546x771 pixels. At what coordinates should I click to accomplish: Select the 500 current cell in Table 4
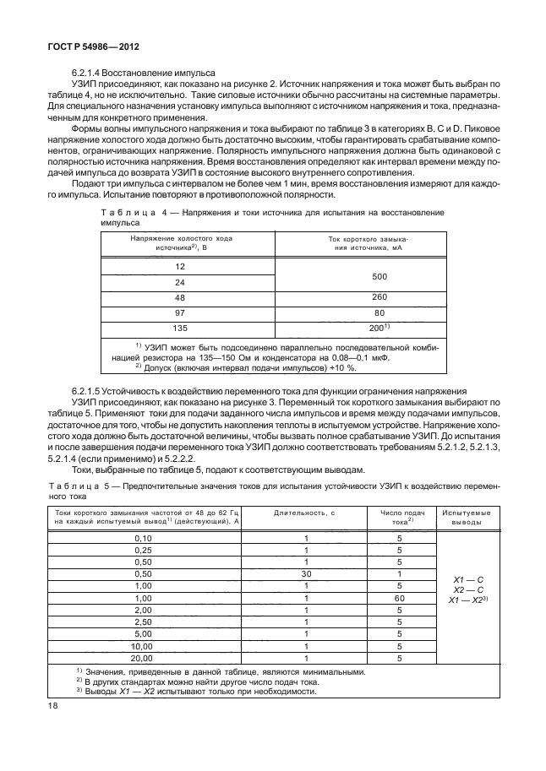point(360,274)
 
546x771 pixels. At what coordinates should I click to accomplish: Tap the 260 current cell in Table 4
point(360,297)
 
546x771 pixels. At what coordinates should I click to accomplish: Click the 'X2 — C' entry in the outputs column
point(469,589)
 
